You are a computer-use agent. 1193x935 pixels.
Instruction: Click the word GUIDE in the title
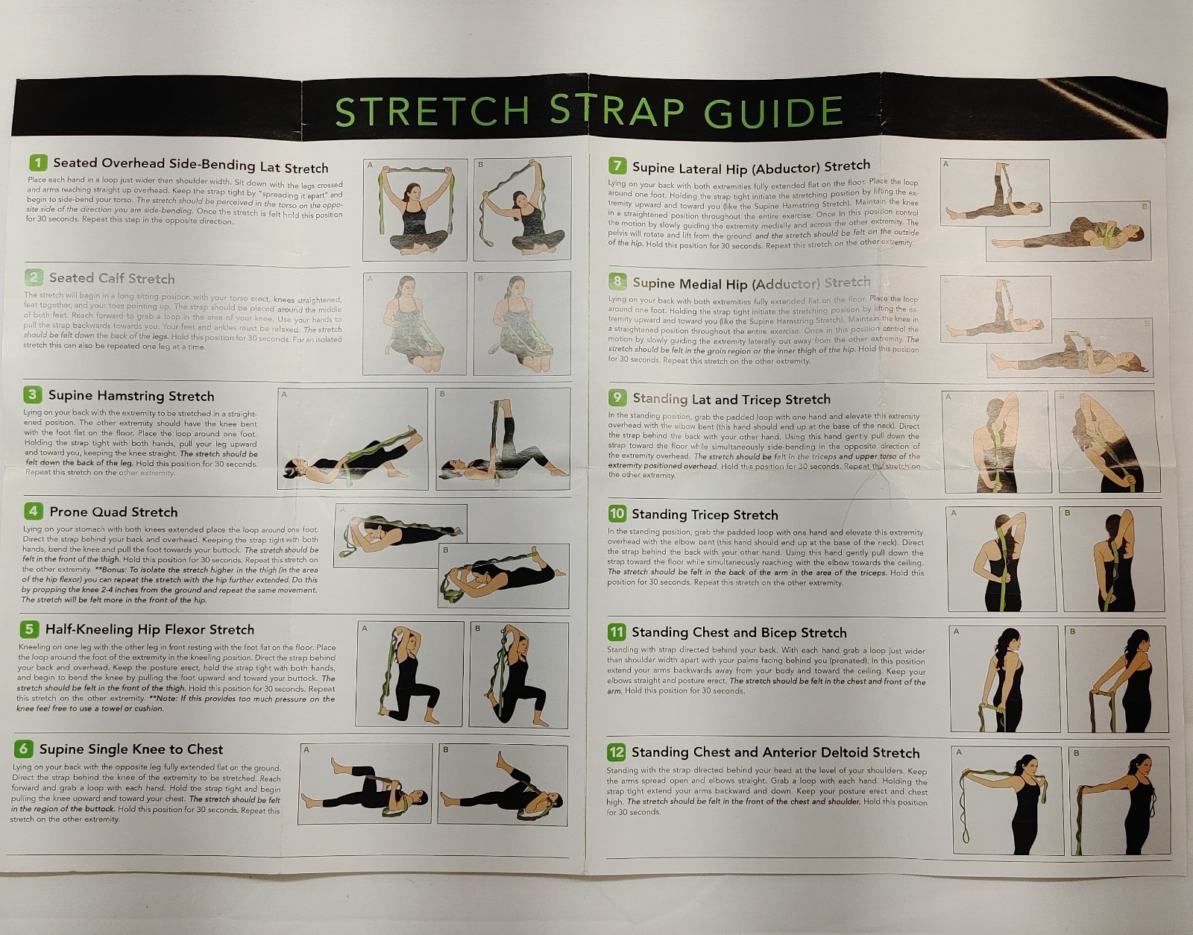[773, 113]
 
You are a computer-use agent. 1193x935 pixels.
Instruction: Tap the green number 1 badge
[38, 163]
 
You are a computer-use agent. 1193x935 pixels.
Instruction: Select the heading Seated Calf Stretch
[112, 278]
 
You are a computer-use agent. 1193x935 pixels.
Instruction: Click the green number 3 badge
[32, 394]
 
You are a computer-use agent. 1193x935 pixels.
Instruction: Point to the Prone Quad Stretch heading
[113, 511]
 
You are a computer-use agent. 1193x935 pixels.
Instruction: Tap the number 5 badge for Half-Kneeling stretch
[29, 629]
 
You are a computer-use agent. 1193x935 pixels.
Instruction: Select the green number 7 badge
[617, 166]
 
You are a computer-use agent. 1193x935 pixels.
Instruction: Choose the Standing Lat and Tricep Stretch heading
[731, 399]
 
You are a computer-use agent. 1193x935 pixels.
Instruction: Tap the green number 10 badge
[617, 513]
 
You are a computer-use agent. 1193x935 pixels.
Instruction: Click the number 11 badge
[616, 632]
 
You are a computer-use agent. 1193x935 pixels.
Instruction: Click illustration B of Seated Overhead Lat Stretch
[522, 208]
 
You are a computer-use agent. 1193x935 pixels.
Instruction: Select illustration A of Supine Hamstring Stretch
[352, 438]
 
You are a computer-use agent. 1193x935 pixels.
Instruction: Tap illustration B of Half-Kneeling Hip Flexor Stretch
[520, 673]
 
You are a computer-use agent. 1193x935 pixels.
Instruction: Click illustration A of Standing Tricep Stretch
[998, 558]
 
